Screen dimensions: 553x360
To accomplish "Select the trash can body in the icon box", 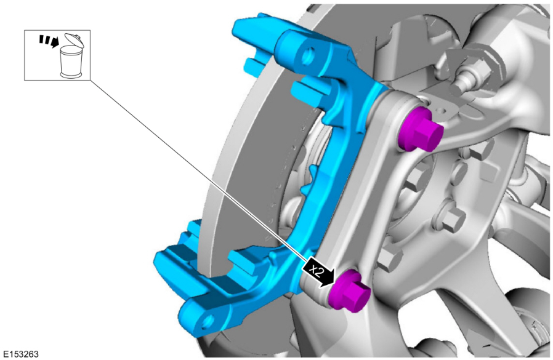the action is pyautogui.click(x=71, y=62).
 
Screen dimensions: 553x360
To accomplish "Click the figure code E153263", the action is pyautogui.click(x=21, y=354).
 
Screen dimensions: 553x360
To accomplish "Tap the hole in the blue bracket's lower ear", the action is pyautogui.click(x=207, y=321).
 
